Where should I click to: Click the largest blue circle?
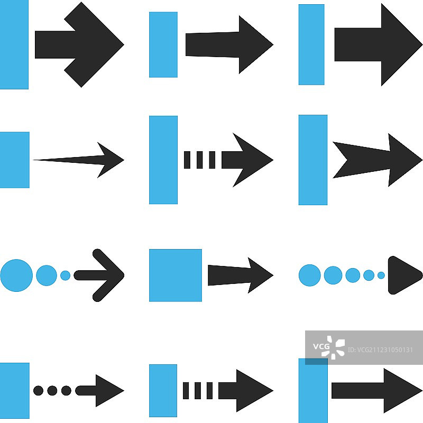point(16,275)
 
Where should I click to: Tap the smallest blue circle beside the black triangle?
point(381,275)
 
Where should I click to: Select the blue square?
point(175,275)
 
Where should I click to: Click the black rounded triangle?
point(403,275)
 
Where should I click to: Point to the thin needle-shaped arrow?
point(79,159)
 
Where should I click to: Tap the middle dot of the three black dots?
point(52,391)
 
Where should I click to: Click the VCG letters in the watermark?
point(321,347)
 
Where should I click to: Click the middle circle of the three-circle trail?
point(47,275)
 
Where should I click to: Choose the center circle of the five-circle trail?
point(353,275)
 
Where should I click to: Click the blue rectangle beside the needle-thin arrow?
point(14,160)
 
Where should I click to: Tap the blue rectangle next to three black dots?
point(14,390)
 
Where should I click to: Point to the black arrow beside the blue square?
point(239,275)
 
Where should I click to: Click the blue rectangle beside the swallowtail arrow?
point(312,160)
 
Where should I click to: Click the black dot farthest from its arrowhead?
point(38,391)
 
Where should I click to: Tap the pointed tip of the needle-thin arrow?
point(123,159)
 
